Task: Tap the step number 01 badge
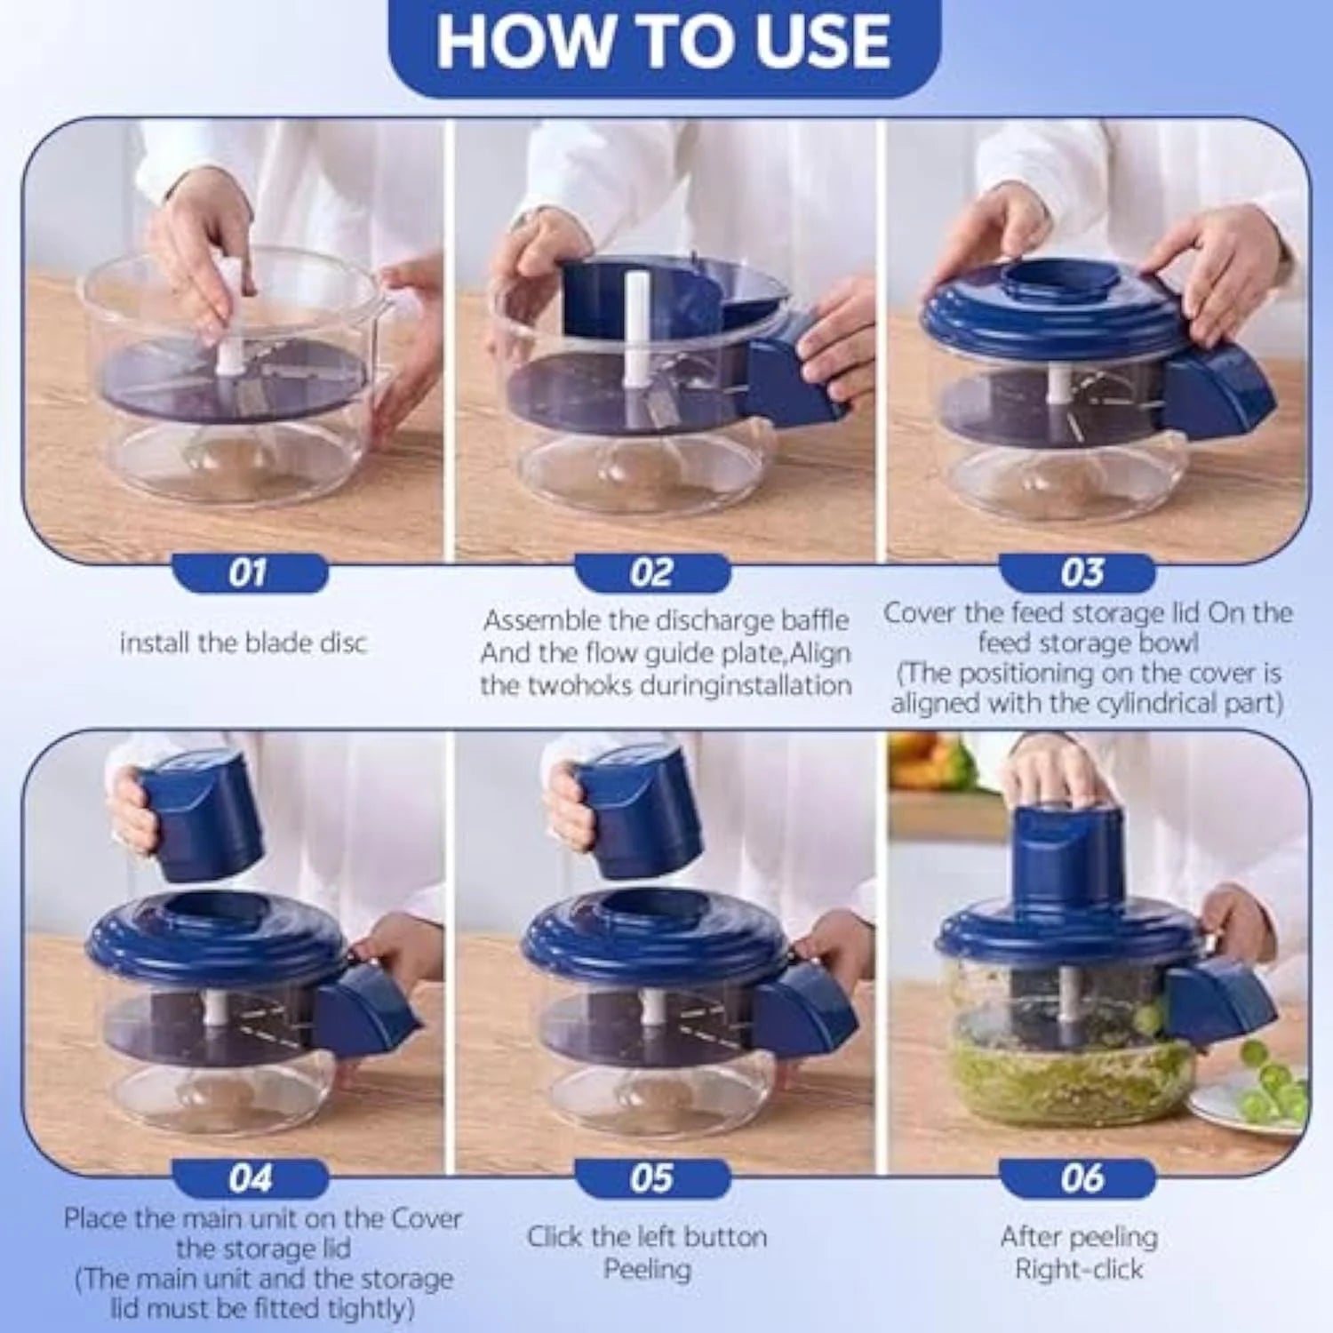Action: (249, 573)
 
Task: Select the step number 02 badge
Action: (651, 573)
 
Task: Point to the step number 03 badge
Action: (1081, 573)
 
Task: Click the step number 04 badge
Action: (249, 1179)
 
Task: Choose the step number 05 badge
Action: (651, 1179)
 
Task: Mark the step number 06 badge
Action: (1081, 1179)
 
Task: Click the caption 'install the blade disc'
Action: (243, 643)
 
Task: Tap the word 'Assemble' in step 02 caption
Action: (541, 619)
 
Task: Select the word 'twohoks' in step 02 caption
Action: (581, 685)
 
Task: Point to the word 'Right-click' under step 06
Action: (1079, 1270)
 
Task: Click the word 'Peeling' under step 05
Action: (647, 1270)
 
